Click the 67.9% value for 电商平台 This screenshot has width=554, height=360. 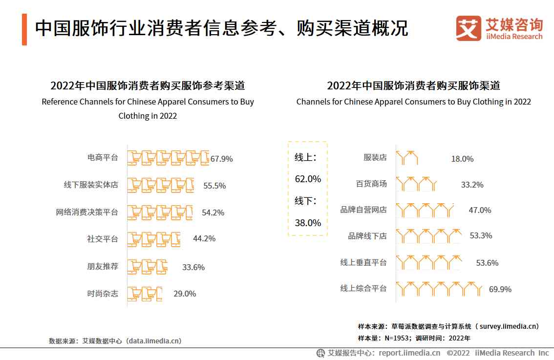click(x=222, y=159)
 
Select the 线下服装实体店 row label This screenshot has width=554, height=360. click(x=91, y=185)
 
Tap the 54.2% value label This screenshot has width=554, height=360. click(x=213, y=212)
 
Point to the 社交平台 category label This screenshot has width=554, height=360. click(x=103, y=239)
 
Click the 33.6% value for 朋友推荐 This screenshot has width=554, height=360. click(x=193, y=267)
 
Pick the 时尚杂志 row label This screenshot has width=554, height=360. click(x=103, y=294)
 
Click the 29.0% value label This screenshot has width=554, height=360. click(x=185, y=294)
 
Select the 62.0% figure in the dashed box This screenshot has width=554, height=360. click(x=308, y=179)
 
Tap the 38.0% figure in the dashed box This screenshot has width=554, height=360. click(x=308, y=223)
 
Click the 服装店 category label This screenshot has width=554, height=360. click(x=375, y=157)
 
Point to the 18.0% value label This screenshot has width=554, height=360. click(x=462, y=159)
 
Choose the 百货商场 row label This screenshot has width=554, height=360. click(x=371, y=184)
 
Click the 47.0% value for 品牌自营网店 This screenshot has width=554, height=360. click(x=480, y=210)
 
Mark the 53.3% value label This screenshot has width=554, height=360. click(x=481, y=236)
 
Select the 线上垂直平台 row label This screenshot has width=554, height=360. click(x=363, y=262)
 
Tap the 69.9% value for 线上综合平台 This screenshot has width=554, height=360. click(x=500, y=289)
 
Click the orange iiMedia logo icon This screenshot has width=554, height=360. click(x=469, y=29)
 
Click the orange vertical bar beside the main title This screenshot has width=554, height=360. click(x=24, y=30)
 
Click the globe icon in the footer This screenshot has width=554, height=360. click(x=321, y=353)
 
